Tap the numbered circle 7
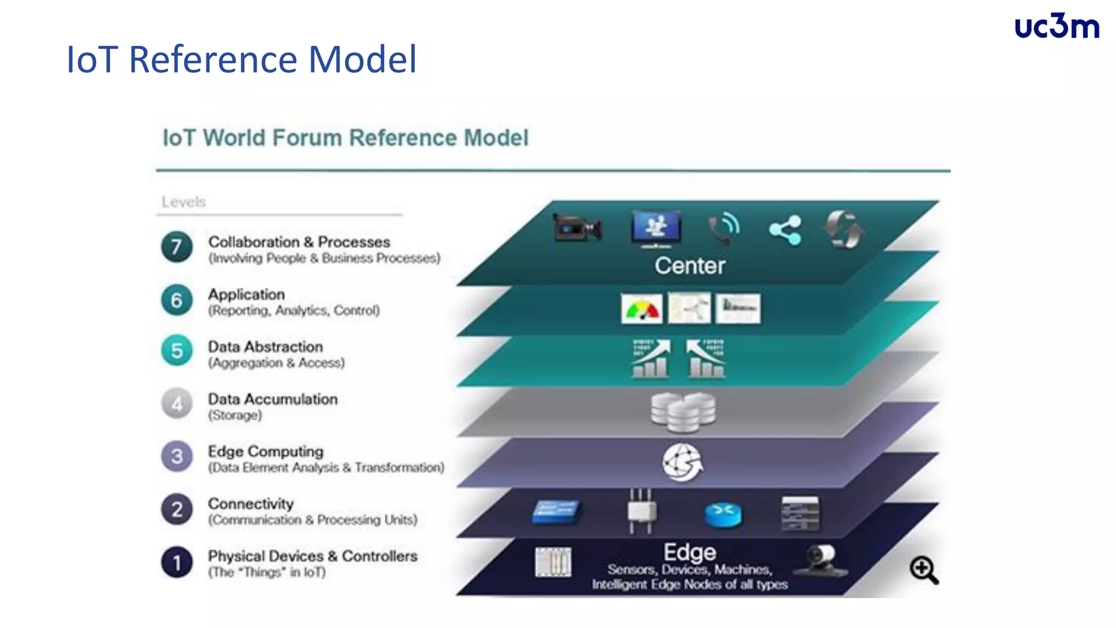click(177, 247)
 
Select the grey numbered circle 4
click(177, 404)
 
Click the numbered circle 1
click(177, 562)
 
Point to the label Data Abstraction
click(265, 347)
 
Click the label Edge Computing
click(265, 451)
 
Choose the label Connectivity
click(251, 504)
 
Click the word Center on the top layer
click(689, 266)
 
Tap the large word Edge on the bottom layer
click(689, 552)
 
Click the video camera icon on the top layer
click(577, 228)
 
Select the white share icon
click(785, 230)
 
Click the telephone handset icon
click(724, 230)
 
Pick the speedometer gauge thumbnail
click(641, 309)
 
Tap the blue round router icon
click(723, 514)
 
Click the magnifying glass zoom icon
click(923, 570)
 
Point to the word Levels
click(184, 202)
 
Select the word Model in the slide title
click(362, 59)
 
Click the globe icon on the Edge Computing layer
click(682, 462)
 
